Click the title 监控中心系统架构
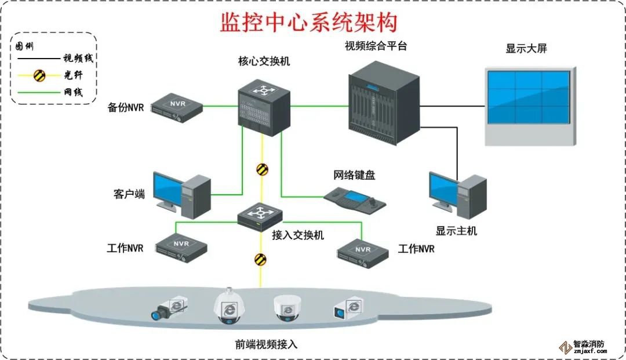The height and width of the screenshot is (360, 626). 309,23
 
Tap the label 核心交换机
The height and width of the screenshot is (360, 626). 264,61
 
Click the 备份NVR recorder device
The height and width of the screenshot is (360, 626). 177,107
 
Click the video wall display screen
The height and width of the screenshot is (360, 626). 528,97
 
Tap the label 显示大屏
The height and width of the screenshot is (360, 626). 526,49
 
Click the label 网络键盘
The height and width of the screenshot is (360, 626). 354,175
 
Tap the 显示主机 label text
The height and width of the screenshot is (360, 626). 456,231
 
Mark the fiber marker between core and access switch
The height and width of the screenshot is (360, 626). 263,169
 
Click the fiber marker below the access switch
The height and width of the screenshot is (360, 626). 260,259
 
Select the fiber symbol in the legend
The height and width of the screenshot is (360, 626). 39,75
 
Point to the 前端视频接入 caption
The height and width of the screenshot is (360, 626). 266,344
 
